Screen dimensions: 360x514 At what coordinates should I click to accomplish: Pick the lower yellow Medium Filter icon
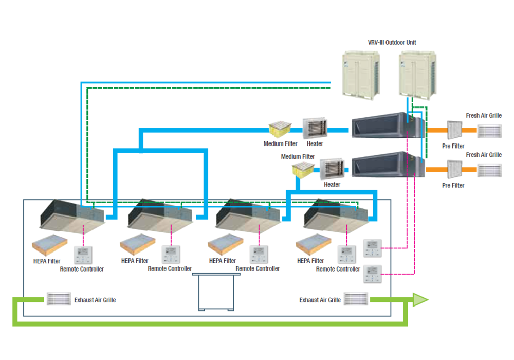coord(303,170)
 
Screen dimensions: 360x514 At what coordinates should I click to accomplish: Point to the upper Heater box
coord(315,129)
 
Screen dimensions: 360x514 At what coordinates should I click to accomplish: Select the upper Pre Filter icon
coord(454,131)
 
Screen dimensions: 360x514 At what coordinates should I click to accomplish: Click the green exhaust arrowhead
coord(420,300)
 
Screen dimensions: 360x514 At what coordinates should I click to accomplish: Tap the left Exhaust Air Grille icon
coord(59,299)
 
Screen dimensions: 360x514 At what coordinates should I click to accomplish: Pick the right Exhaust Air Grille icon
coord(356,299)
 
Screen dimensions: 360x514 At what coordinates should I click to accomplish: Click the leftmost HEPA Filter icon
coord(50,246)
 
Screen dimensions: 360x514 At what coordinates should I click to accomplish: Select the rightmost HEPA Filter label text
coord(310,261)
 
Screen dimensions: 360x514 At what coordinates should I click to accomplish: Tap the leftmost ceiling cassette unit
coord(72,214)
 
